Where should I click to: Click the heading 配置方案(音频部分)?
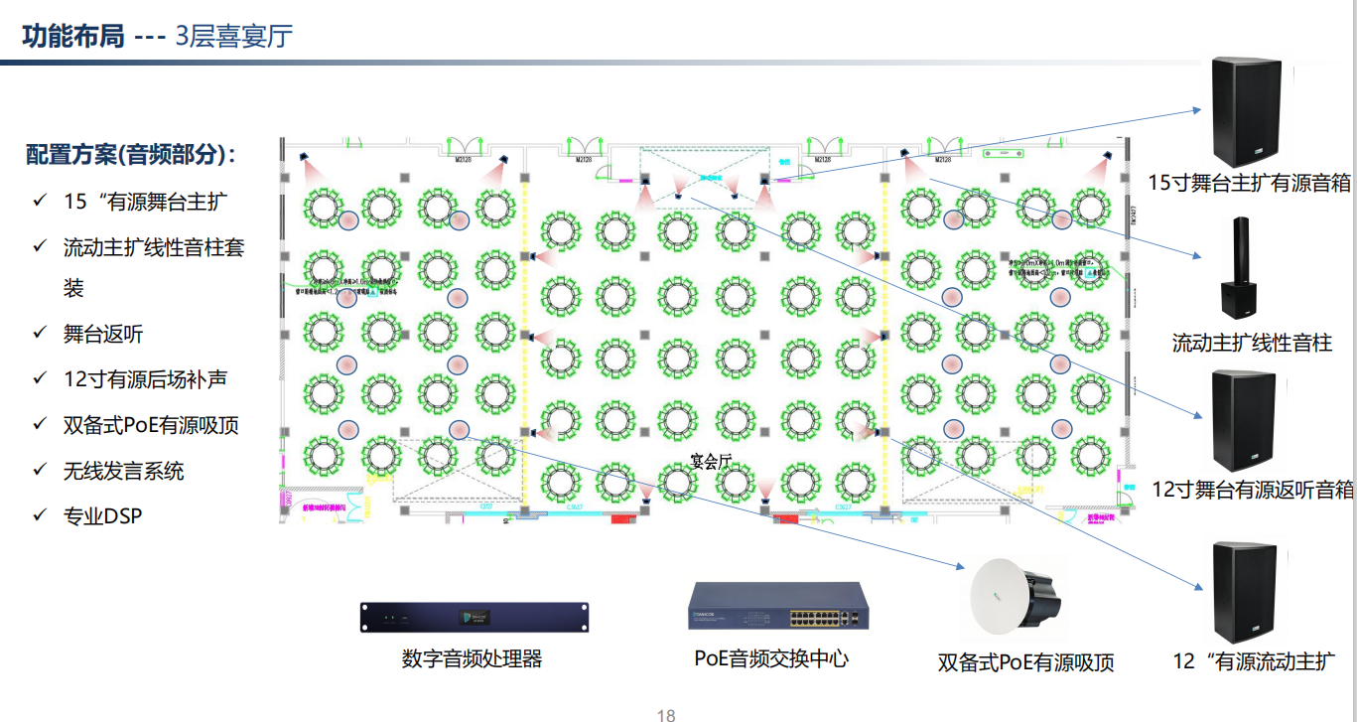pyautogui.click(x=131, y=155)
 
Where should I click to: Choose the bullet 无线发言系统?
pyautogui.click(x=123, y=471)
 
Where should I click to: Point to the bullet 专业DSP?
pyautogui.click(x=102, y=516)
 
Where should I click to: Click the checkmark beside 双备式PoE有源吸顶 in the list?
pyautogui.click(x=40, y=425)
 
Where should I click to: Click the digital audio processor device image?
pyautogui.click(x=475, y=617)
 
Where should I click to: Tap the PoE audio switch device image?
pyautogui.click(x=779, y=606)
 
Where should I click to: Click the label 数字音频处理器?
pyautogui.click(x=473, y=658)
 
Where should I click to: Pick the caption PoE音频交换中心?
pyautogui.click(x=771, y=658)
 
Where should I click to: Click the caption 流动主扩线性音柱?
pyautogui.click(x=1252, y=344)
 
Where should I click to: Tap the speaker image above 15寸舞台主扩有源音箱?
pyautogui.click(x=1246, y=112)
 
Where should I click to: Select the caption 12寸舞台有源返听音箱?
pyautogui.click(x=1253, y=489)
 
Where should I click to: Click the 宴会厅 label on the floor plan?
pyautogui.click(x=711, y=461)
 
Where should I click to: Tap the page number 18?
pyautogui.click(x=666, y=715)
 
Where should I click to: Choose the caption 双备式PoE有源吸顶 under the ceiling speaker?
pyautogui.click(x=1025, y=662)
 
